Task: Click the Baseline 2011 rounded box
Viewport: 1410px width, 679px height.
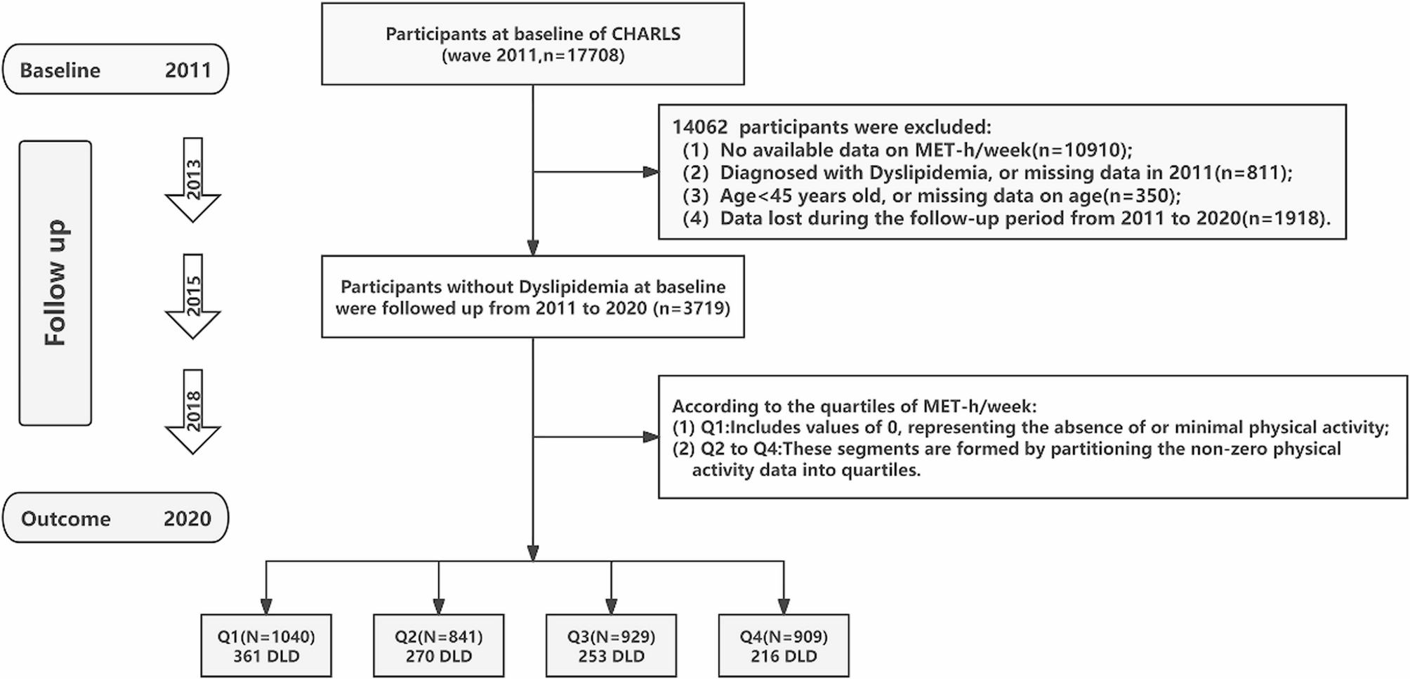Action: (116, 69)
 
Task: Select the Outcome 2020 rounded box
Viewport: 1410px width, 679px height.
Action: (116, 518)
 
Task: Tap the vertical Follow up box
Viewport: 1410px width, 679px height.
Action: (55, 283)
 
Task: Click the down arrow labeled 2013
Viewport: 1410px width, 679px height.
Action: (193, 180)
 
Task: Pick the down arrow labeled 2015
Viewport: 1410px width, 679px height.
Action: (193, 296)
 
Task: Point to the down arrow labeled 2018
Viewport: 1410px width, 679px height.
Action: (193, 411)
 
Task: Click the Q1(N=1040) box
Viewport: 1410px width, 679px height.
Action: (266, 646)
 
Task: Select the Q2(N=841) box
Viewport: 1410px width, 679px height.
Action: (439, 646)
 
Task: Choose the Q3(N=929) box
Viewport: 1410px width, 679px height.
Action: (612, 646)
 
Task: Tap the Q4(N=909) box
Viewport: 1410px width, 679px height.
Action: (784, 646)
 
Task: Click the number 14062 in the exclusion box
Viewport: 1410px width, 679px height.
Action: (700, 127)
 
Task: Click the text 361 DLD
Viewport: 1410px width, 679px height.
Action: (266, 657)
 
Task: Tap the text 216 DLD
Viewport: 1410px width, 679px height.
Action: (784, 657)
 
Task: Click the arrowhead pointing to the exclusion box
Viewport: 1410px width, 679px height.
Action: (651, 172)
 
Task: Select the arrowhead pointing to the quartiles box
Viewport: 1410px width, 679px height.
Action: (651, 437)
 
